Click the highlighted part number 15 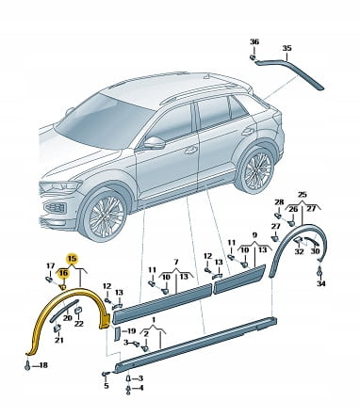click(x=73, y=259)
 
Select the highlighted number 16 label click(x=63, y=273)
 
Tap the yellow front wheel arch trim click(x=68, y=313)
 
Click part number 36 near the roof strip click(x=254, y=41)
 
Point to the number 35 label click(x=286, y=48)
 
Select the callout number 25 click(x=302, y=195)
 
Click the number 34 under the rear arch click(x=321, y=283)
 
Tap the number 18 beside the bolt click(x=43, y=365)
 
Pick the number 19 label click(x=131, y=330)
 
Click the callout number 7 click(x=176, y=262)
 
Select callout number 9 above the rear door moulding click(x=254, y=234)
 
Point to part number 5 click(x=106, y=386)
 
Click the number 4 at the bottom click(x=140, y=388)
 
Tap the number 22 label click(x=78, y=323)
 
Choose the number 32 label click(x=299, y=251)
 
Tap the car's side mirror click(x=155, y=143)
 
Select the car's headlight click(x=59, y=187)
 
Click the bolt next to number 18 click(x=28, y=365)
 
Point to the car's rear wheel click(x=255, y=169)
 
